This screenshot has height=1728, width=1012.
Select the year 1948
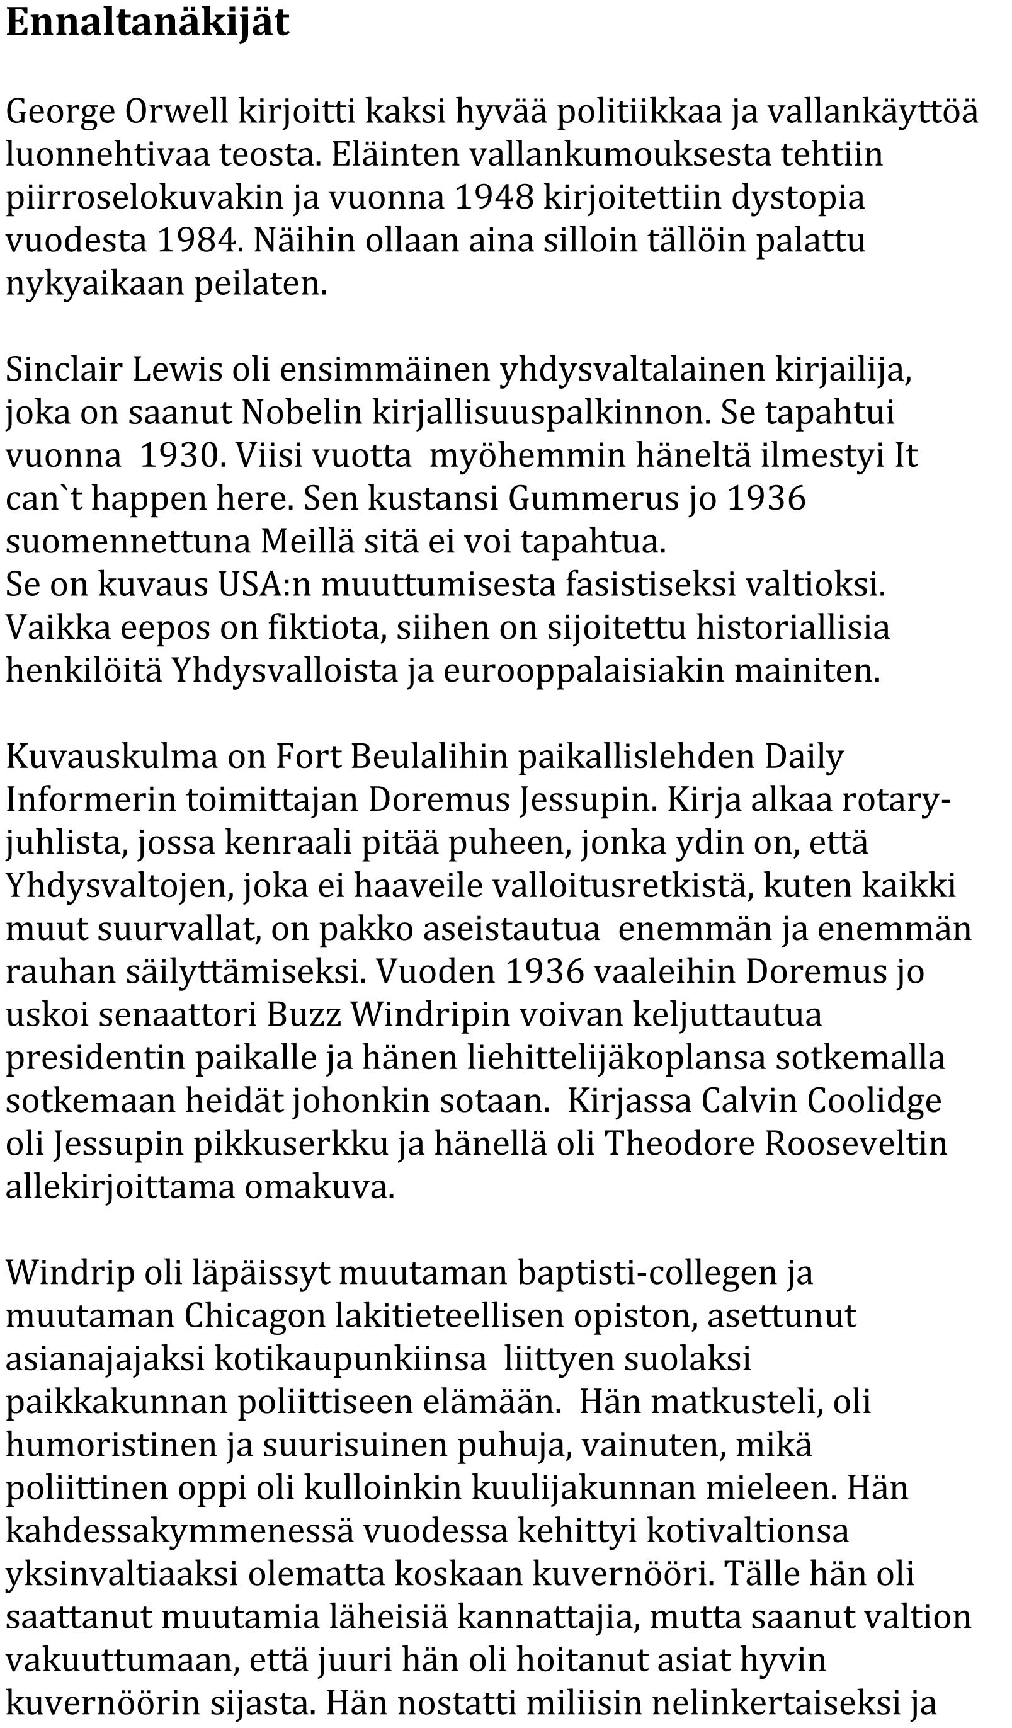[x=494, y=197]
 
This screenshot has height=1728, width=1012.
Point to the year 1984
[x=200, y=240]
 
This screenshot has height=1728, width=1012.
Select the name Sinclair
[x=64, y=370]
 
